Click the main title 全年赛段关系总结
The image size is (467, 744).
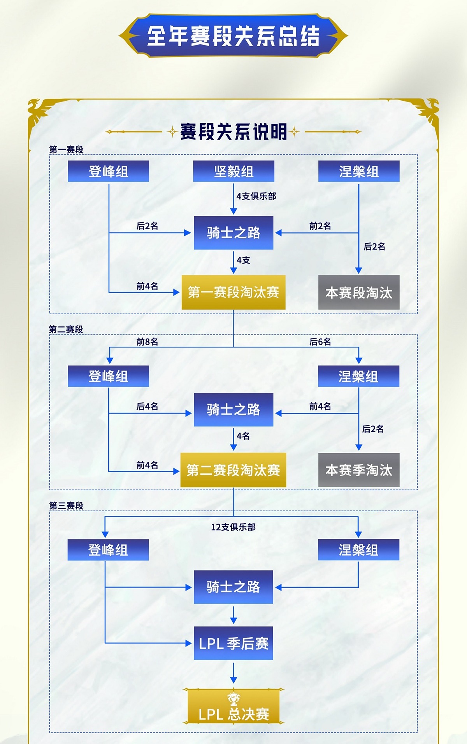coord(233,36)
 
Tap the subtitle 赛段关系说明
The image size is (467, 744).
coord(233,132)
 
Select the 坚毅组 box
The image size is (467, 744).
coord(233,171)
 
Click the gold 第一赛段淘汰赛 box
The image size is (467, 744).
coord(233,292)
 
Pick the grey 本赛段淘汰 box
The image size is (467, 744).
coord(359,292)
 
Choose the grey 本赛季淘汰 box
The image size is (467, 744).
coord(359,470)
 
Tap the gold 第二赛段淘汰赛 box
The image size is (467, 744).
coord(233,470)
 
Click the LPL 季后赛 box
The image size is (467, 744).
coord(233,643)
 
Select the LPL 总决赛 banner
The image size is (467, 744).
coord(233,714)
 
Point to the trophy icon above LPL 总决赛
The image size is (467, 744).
coord(233,699)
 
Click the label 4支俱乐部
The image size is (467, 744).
coord(256,196)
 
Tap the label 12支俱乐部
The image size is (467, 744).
coord(233,527)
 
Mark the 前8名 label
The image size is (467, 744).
coord(147,342)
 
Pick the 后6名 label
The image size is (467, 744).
coord(320,342)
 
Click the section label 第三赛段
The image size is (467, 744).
coord(66,506)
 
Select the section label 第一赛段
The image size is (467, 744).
coord(66,150)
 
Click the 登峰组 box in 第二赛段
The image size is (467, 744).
coord(108,376)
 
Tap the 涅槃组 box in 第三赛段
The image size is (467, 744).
coord(358,550)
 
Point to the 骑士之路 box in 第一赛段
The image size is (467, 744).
coord(233,233)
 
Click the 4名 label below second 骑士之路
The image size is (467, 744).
coord(243,436)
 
